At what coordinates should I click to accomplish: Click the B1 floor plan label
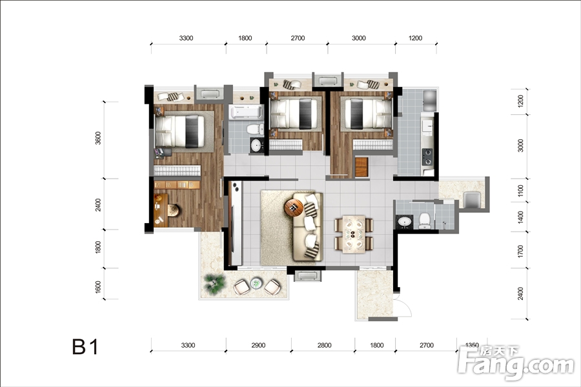86,347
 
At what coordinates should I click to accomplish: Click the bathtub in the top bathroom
246,112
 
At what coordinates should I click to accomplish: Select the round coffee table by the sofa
294,208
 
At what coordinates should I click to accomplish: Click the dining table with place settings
354,234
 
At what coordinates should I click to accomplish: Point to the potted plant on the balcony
214,284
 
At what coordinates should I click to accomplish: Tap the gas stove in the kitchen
427,157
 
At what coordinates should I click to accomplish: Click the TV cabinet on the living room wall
235,223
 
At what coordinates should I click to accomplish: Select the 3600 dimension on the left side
98,138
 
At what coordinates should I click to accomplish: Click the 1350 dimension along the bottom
472,345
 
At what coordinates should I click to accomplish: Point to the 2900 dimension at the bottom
258,345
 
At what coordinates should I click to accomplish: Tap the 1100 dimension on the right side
520,191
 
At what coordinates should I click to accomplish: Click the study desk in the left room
161,210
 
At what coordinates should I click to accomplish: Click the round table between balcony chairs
256,284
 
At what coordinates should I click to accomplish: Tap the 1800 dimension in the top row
245,38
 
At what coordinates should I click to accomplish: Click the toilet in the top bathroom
254,129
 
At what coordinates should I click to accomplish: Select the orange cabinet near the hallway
362,167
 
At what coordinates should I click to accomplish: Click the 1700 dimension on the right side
520,252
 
